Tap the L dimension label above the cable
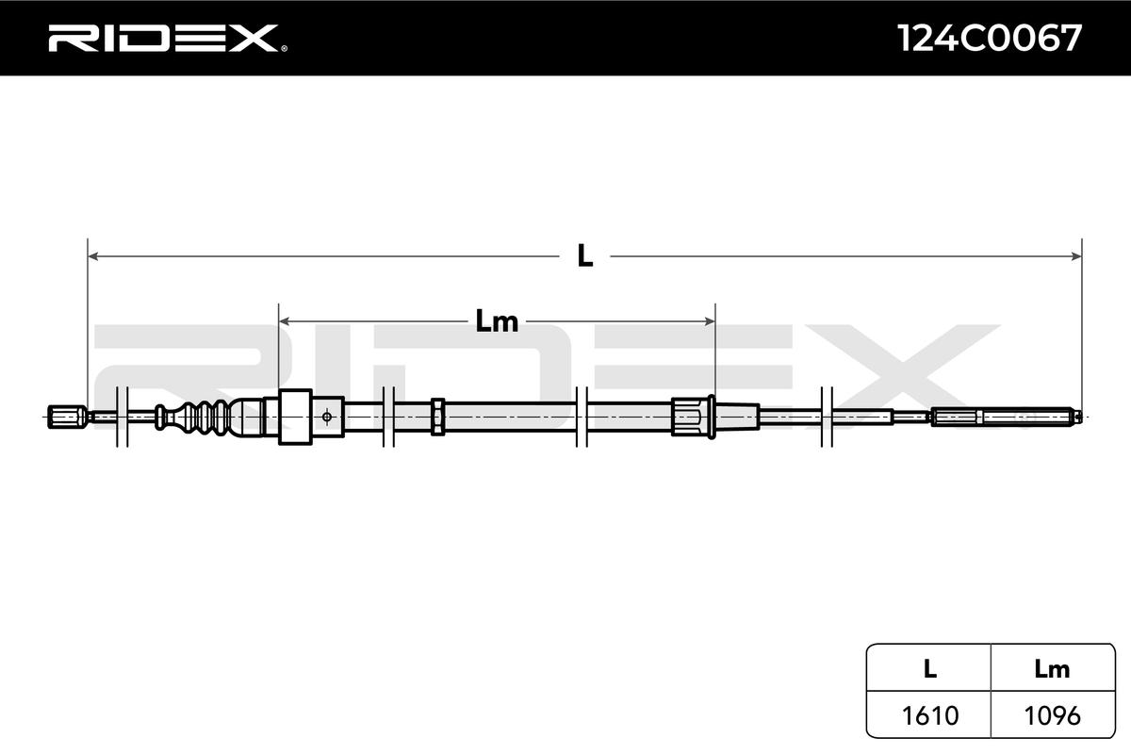click(585, 255)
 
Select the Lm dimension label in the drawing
click(497, 322)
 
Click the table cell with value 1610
click(929, 715)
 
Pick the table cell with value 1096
click(1052, 715)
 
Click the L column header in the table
click(929, 669)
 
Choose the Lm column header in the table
click(1052, 669)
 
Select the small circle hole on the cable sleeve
click(327, 416)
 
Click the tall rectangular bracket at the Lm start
click(296, 417)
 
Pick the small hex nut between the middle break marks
click(438, 416)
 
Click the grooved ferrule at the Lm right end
click(690, 416)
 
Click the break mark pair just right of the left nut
click(121, 416)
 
